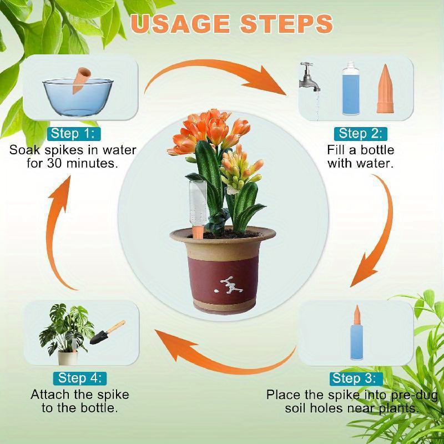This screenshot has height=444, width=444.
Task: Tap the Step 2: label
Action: (360, 134)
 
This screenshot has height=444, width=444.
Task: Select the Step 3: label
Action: (355, 379)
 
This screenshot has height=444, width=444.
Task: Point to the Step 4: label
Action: (79, 379)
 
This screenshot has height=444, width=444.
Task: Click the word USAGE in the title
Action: (180, 23)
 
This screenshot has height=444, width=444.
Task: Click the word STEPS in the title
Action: (286, 23)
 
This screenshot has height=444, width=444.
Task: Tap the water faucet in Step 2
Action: (309, 77)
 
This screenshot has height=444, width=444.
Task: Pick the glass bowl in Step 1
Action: (78, 97)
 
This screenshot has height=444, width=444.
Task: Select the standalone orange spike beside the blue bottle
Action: (385, 89)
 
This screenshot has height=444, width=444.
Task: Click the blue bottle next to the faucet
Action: (351, 88)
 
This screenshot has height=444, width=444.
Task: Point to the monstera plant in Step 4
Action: (67, 329)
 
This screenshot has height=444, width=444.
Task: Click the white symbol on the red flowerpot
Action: (229, 285)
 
